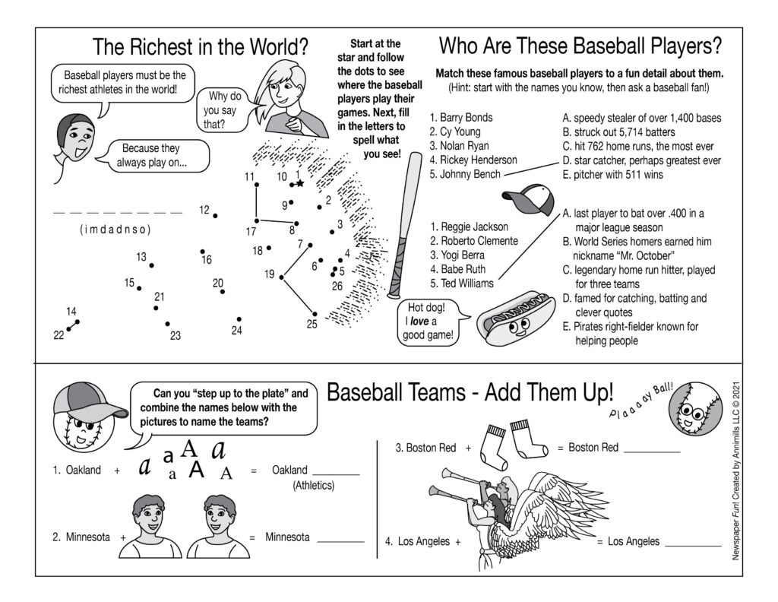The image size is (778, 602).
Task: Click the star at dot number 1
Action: pyautogui.click(x=300, y=183)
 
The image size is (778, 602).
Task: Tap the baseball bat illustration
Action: pyautogui.click(x=403, y=224)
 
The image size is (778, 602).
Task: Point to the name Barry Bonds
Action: pyautogui.click(x=460, y=118)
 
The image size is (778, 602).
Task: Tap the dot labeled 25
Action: pyautogui.click(x=315, y=313)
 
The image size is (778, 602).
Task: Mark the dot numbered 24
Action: pyautogui.click(x=239, y=319)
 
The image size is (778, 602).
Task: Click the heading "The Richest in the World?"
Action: pyautogui.click(x=201, y=47)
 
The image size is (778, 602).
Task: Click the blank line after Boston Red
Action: pyautogui.click(x=651, y=448)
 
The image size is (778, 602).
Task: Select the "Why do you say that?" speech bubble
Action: pyautogui.click(x=221, y=109)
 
